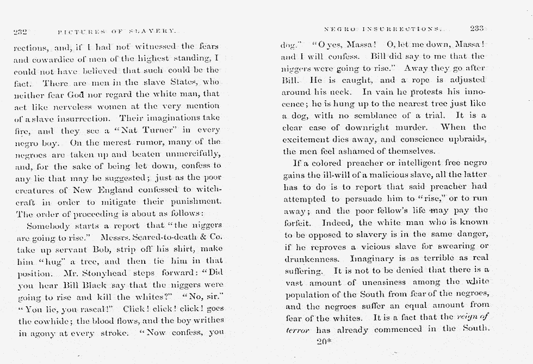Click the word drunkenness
pyautogui.click(x=312, y=259)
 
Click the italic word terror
pyautogui.click(x=298, y=330)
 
